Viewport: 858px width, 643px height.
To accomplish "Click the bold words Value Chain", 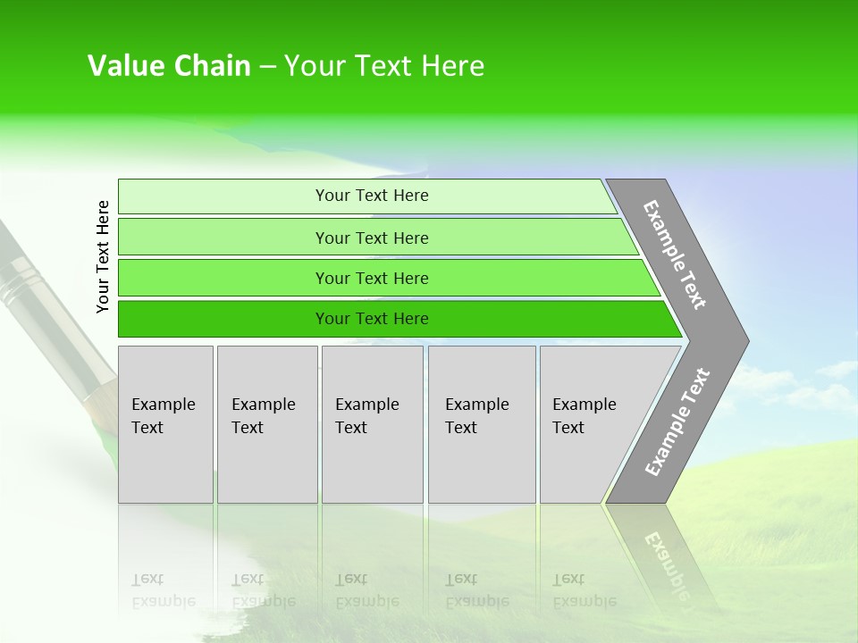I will [169, 66].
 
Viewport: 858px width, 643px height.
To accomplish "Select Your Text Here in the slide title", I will [384, 66].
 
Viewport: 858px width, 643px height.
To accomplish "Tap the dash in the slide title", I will [267, 67].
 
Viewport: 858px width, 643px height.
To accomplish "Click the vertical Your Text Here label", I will [103, 257].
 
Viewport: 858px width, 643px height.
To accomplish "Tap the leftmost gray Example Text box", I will [165, 424].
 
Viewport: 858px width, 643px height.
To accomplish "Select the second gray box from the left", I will [267, 424].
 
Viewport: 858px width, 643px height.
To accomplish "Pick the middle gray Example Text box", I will [372, 424].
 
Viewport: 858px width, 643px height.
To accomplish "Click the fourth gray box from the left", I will [482, 424].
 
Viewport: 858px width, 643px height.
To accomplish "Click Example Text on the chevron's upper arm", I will [675, 255].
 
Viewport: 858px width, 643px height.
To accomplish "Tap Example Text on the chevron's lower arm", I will [677, 422].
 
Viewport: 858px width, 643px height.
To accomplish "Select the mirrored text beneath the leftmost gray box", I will [164, 590].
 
